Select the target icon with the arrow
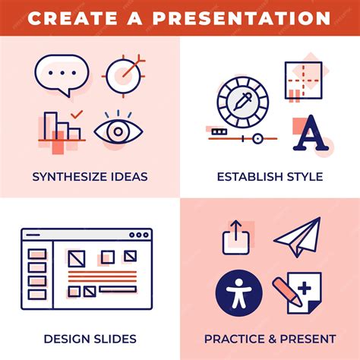tap(124, 74)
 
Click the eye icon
tap(118, 131)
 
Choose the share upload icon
tap(236, 238)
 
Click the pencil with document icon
tap(298, 292)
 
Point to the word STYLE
tap(304, 177)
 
